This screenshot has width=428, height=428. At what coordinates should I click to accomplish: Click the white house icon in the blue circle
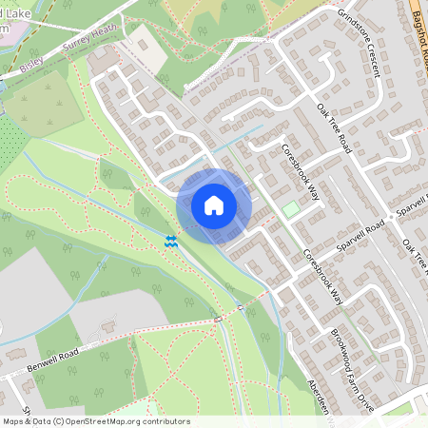(214, 205)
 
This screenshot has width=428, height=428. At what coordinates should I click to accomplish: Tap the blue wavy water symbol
(171, 243)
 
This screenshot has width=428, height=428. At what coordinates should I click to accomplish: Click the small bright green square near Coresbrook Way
(289, 207)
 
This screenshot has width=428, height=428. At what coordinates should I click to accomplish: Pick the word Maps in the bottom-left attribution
(14, 421)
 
